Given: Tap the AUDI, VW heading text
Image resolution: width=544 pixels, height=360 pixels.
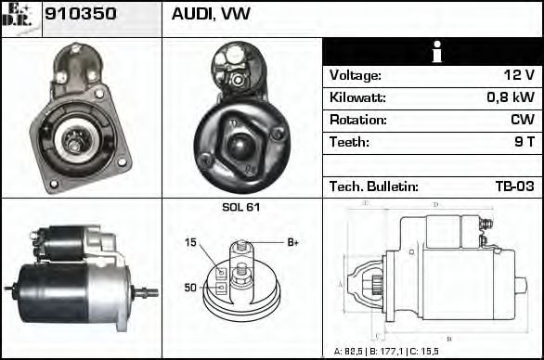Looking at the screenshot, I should pos(211,16).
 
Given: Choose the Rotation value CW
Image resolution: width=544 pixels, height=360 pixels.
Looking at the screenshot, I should pos(522,121).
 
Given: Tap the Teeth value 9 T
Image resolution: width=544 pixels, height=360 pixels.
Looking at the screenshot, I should pos(523,143).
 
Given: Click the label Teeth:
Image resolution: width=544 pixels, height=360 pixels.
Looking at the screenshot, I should pos(349,143).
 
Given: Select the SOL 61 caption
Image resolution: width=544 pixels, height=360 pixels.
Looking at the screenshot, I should pos(240,207).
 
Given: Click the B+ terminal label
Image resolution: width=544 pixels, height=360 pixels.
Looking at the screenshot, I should pos(292,242).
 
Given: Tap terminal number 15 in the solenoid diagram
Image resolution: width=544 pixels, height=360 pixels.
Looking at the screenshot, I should pos(190,243).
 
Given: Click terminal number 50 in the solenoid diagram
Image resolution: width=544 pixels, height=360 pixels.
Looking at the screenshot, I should pos(190,288).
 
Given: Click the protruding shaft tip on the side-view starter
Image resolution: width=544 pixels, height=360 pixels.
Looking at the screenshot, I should pos(149,292).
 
